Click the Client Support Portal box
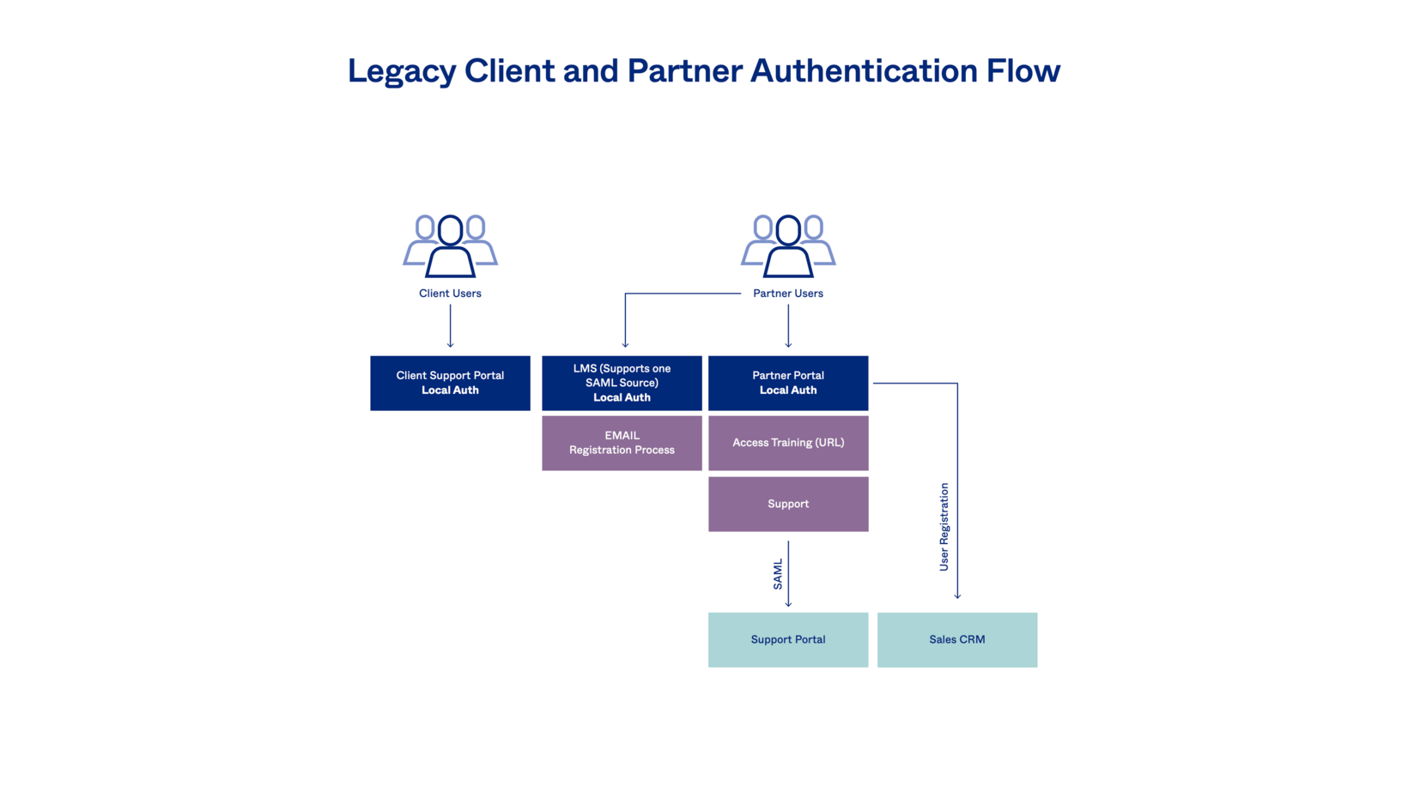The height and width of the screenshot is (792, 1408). pos(450,383)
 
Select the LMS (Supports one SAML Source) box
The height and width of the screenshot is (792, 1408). pos(622,383)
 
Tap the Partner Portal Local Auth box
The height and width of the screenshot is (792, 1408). pos(788,383)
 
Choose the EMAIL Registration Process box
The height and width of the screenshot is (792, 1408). pos(622,443)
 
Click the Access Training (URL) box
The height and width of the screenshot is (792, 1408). pos(788,443)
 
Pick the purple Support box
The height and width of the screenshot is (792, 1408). pos(788,504)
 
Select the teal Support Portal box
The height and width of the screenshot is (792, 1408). pos(788,639)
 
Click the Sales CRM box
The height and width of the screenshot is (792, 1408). pos(957,639)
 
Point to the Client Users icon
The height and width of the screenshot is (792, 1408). pos(450,246)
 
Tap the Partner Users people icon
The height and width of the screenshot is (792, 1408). pos(788,246)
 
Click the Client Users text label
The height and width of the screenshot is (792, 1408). pos(450,293)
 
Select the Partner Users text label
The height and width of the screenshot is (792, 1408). pos(788,293)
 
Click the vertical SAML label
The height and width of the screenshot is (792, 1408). pos(778,574)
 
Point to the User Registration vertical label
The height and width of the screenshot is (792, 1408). pos(944,527)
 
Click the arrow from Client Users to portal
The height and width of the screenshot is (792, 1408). pos(450,326)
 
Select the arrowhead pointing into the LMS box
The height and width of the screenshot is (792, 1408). pos(625,344)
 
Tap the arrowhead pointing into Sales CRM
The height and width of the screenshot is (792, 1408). pos(957,595)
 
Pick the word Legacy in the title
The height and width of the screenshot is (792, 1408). pos(401,71)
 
